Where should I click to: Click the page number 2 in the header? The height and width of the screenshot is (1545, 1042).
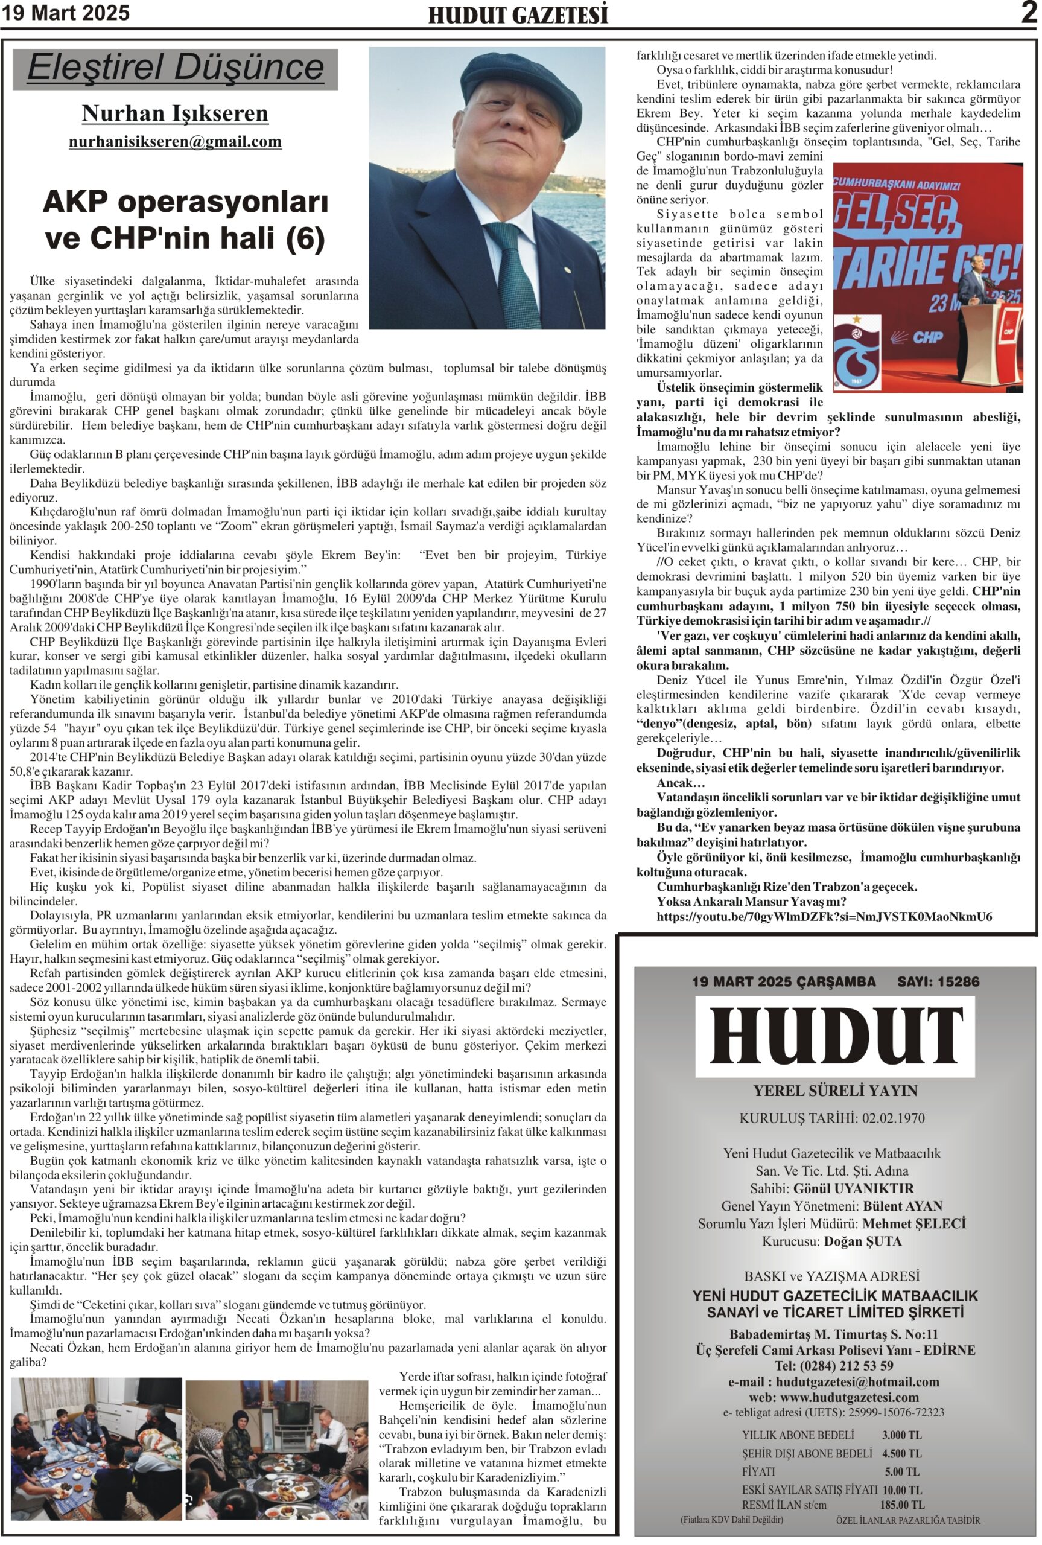pyautogui.click(x=1029, y=13)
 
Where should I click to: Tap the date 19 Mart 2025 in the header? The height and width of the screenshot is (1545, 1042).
pyautogui.click(x=65, y=13)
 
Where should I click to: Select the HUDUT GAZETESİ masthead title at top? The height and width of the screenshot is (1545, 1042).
pyautogui.click(x=518, y=15)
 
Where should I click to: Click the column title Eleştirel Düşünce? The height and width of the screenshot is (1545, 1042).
pyautogui.click(x=176, y=68)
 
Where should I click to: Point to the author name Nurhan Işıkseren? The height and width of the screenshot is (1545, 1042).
pyautogui.click(x=175, y=113)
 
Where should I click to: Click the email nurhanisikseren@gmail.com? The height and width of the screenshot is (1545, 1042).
pyautogui.click(x=175, y=142)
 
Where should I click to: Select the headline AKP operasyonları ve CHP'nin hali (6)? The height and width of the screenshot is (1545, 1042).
pyautogui.click(x=185, y=219)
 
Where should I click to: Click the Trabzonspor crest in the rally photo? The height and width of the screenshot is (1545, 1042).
pyautogui.click(x=857, y=351)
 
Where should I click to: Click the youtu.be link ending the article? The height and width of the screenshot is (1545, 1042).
pyautogui.click(x=824, y=916)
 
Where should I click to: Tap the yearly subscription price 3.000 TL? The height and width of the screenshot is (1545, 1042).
pyautogui.click(x=902, y=1435)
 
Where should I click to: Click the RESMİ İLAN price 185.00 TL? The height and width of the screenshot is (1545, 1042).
pyautogui.click(x=902, y=1505)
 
